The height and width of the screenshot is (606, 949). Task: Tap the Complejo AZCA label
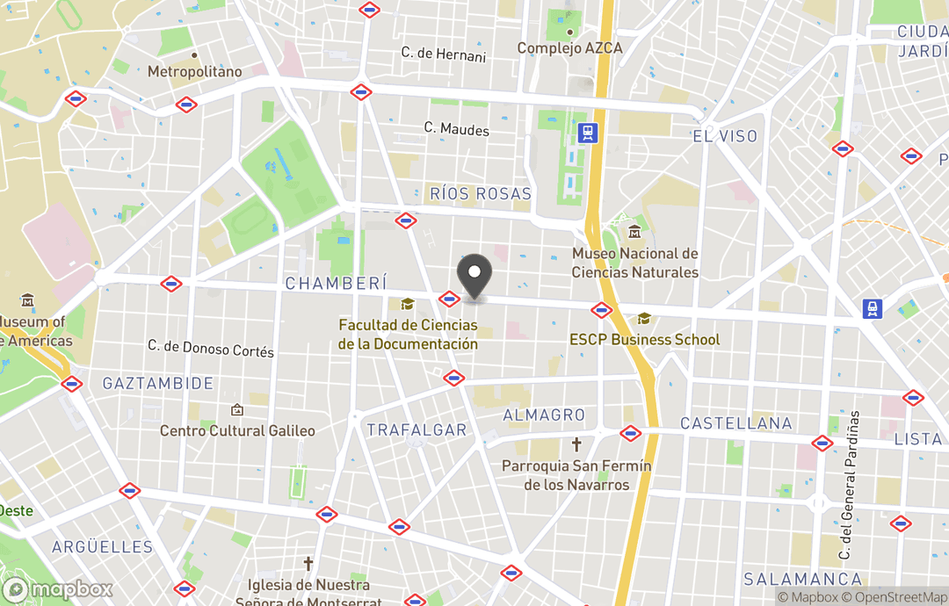[x=569, y=48]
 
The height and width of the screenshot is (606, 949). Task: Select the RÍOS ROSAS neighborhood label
[x=481, y=193]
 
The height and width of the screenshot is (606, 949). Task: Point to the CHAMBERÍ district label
[x=336, y=283]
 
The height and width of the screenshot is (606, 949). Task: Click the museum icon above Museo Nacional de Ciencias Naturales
[x=634, y=233]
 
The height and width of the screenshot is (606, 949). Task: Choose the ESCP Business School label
[x=644, y=340]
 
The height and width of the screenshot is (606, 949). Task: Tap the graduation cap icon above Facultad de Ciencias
[x=407, y=304]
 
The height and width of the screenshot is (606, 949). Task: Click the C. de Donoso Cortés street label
[x=211, y=348]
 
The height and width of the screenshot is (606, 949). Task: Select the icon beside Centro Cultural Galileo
[x=236, y=410]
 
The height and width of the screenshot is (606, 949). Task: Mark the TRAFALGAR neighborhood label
[x=417, y=429]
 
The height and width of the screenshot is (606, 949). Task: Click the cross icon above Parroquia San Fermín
[x=576, y=444]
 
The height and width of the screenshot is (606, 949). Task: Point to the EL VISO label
[x=725, y=136]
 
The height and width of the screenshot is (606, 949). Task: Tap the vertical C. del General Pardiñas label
[x=848, y=485]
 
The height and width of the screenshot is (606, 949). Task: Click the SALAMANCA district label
[x=803, y=579]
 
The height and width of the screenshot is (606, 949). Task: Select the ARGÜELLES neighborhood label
[x=102, y=547]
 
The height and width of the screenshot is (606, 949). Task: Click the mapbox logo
[x=58, y=589]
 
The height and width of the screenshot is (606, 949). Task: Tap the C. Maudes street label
[x=457, y=130]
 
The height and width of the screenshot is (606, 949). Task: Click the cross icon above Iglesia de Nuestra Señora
[x=308, y=563]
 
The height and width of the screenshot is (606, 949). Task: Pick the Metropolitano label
[x=194, y=72]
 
